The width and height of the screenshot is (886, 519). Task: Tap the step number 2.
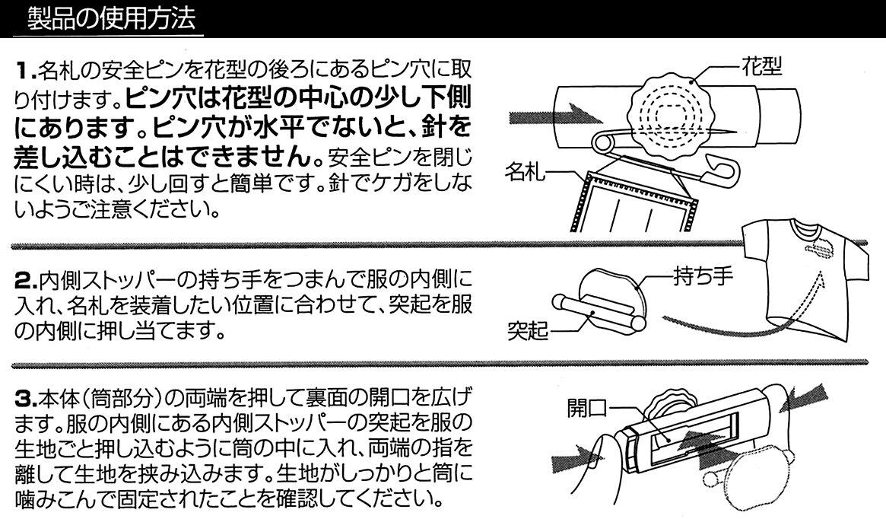pyautogui.click(x=25, y=281)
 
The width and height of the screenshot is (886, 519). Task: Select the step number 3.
pyautogui.click(x=25, y=398)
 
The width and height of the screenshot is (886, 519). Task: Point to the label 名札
pyautogui.click(x=525, y=170)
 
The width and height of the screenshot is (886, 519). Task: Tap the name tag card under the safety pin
pyautogui.click(x=638, y=202)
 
